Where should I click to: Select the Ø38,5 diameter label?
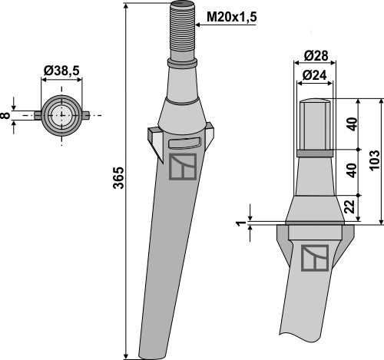point(61,70)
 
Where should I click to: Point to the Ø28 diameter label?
point(314,55)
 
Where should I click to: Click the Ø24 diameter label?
point(314,75)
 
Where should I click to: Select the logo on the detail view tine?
point(314,259)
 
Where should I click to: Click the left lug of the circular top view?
point(36,116)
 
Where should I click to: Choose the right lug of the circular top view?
point(86,116)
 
